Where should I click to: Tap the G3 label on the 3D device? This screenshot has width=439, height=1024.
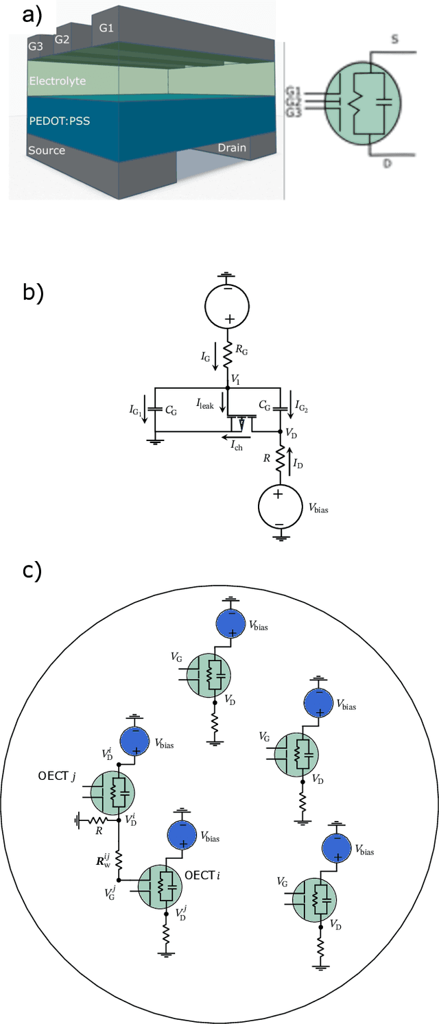[x=35, y=47]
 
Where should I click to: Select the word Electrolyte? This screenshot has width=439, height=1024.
[x=58, y=81]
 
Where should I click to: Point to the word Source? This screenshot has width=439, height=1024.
[x=47, y=150]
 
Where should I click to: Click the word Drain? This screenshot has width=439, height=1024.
[x=232, y=147]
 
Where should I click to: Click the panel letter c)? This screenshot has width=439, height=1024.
[x=32, y=571]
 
